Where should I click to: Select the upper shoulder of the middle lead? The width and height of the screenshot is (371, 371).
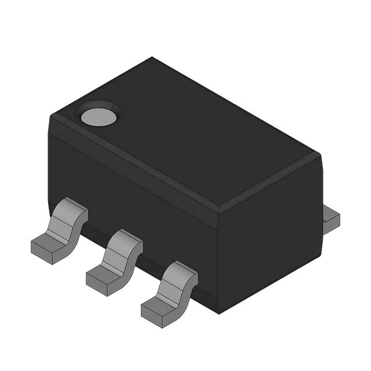point(129,239)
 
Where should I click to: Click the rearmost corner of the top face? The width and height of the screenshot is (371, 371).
point(152,57)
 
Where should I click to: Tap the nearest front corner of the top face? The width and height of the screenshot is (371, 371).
point(217,211)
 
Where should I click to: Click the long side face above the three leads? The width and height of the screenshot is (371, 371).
point(133,191)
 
